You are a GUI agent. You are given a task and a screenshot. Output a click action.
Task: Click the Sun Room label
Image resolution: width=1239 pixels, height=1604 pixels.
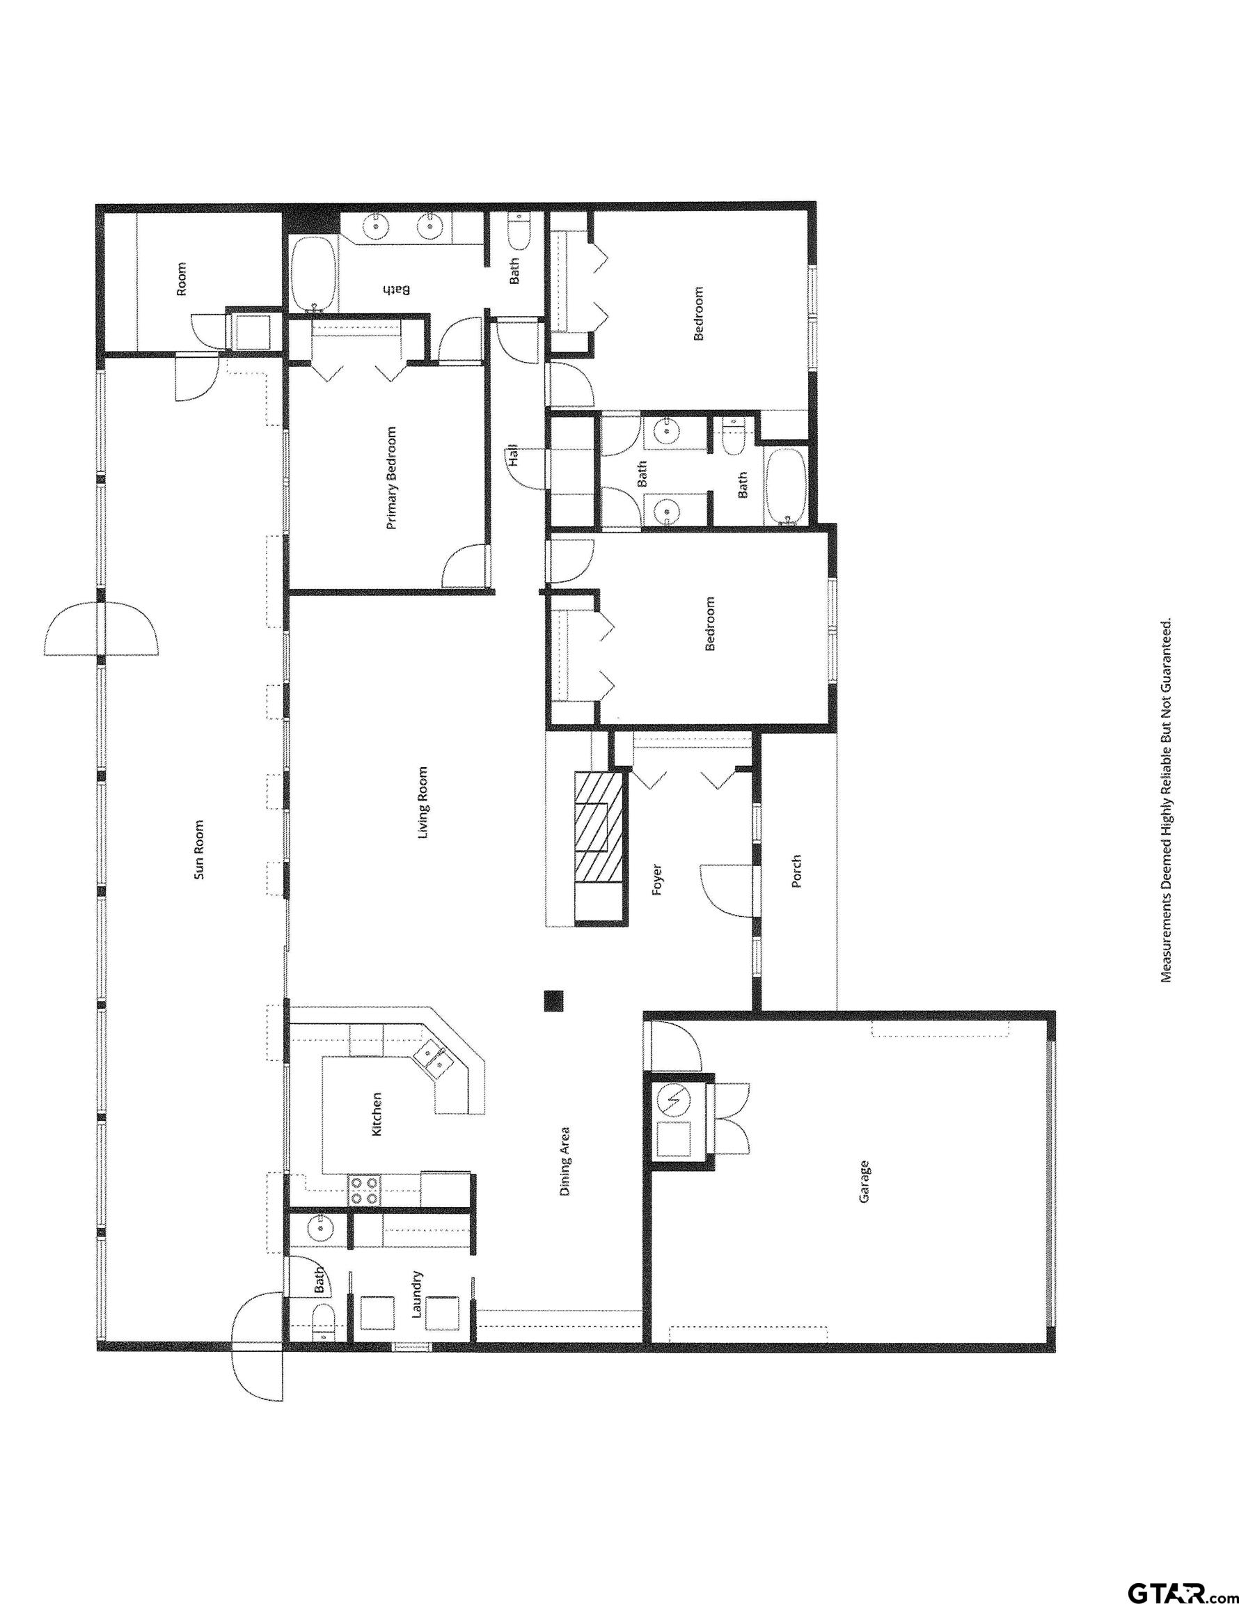tap(198, 850)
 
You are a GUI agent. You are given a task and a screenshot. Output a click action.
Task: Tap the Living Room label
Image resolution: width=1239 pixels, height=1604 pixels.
tap(423, 803)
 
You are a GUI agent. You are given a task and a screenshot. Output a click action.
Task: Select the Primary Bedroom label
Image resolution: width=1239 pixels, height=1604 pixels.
tap(391, 478)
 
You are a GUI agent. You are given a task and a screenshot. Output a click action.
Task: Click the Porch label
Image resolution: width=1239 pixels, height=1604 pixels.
tap(796, 870)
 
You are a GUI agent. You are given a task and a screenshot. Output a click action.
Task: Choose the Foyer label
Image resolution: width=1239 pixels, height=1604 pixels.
tap(657, 881)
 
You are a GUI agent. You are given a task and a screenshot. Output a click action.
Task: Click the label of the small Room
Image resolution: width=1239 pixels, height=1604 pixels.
tap(182, 278)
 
